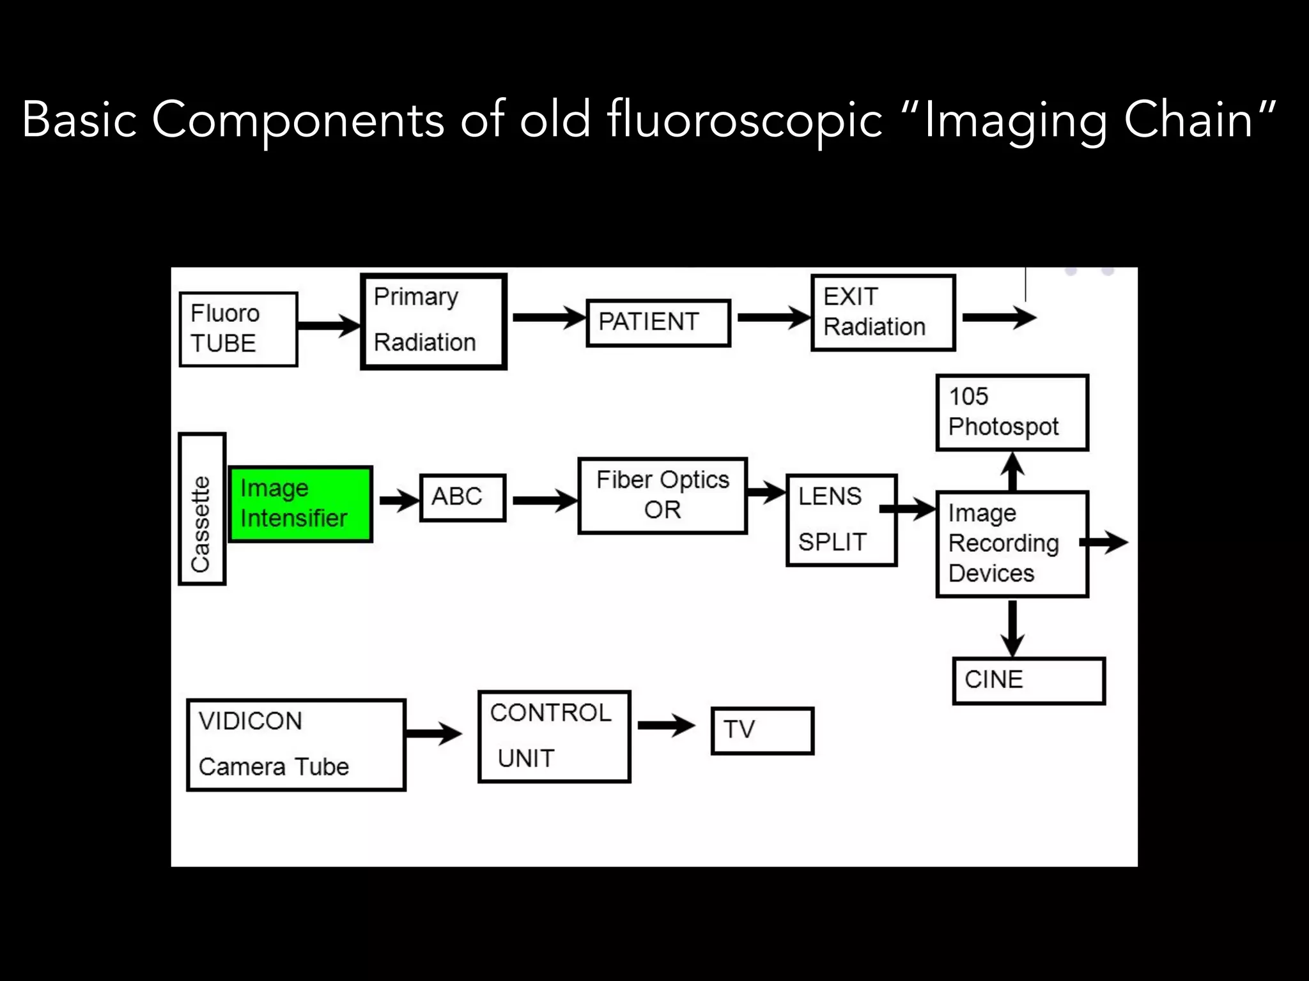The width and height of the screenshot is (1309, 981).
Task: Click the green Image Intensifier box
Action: pos(300,504)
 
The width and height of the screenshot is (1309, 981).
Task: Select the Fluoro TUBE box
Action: pos(238,329)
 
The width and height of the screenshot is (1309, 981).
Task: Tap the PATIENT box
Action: pos(658,323)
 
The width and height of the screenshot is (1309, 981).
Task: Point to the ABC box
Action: pos(462,498)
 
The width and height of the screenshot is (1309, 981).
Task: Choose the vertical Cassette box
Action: pos(202,509)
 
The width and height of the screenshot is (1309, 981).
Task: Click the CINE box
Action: pos(1028,681)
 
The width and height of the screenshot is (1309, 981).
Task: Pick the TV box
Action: pos(762,730)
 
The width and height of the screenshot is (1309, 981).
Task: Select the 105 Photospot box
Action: pos(1012,413)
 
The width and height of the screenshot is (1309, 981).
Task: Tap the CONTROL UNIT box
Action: pos(554,736)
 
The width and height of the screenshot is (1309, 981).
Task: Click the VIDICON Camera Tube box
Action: pos(296,745)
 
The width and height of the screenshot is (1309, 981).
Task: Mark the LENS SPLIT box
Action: pos(841,520)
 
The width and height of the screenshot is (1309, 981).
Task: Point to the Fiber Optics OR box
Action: pos(662,496)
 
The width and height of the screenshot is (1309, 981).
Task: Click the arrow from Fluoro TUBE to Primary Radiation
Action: pos(329,325)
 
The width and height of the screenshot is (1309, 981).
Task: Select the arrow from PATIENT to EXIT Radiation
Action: pos(773,317)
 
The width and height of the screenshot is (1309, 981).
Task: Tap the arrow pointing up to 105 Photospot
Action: pos(1012,471)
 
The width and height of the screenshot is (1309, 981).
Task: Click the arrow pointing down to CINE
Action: pos(1012,628)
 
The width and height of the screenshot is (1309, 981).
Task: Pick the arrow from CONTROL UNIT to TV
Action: pos(666,724)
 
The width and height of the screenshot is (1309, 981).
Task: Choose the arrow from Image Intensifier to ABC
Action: pos(399,500)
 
